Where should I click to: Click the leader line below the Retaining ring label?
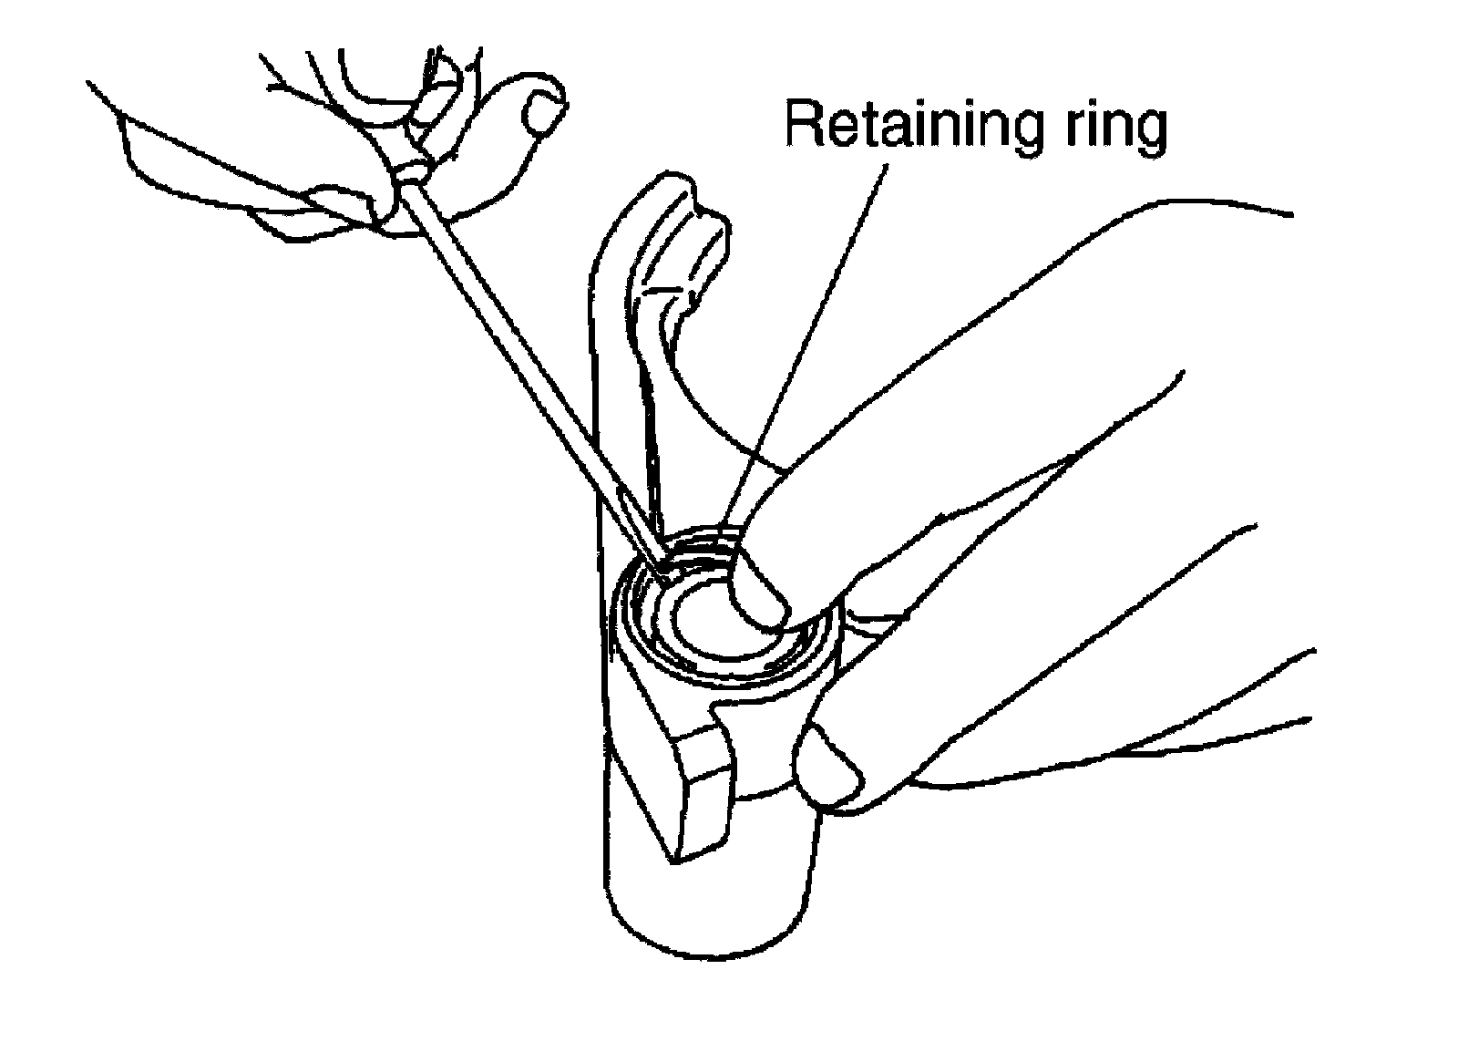coord(820,346)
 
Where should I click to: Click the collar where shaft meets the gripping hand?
coord(412,173)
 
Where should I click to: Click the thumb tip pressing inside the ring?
coord(761,602)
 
